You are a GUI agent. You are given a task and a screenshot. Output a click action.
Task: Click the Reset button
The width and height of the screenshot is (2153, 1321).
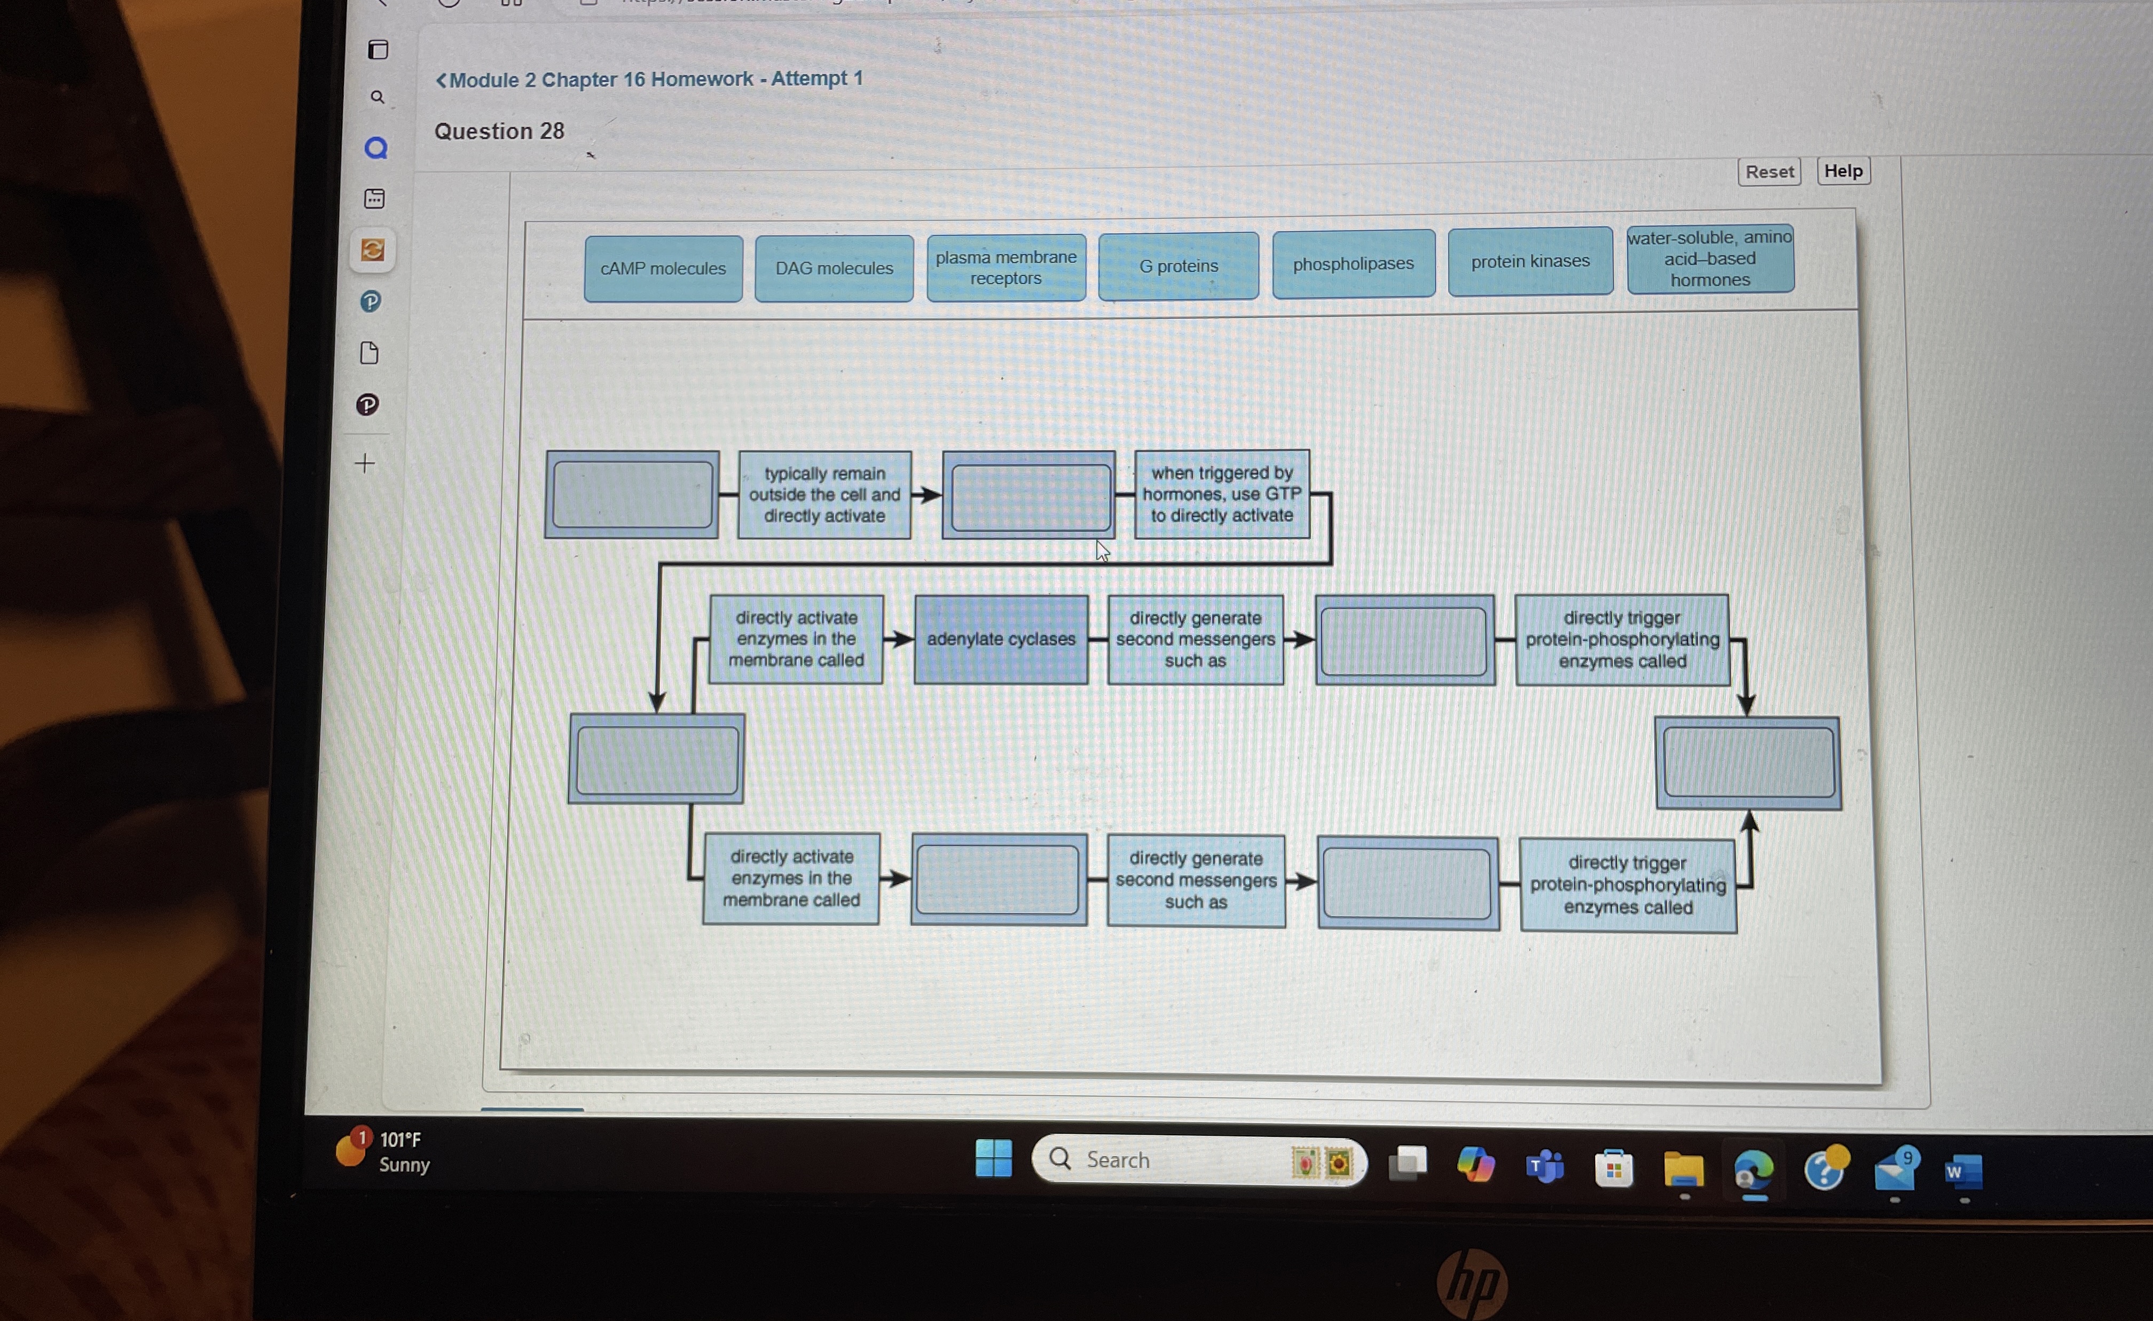1769,172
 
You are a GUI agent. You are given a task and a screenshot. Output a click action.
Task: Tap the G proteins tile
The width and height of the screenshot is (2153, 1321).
1178,265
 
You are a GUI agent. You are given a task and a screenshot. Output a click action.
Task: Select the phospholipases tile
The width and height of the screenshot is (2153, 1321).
1353,264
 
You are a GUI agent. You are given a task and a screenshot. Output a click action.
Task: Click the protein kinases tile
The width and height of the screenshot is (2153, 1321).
1530,261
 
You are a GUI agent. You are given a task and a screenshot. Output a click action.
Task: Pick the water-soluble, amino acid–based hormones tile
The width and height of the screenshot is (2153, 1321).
1710,258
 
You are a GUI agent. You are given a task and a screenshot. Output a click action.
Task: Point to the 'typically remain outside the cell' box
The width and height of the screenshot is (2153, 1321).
824,494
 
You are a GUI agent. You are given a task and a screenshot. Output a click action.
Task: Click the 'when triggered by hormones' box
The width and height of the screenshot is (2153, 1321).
1222,493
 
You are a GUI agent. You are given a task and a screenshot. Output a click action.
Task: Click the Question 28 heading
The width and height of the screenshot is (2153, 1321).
499,131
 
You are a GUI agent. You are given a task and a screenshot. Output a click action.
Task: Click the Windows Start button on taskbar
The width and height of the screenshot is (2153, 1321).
994,1159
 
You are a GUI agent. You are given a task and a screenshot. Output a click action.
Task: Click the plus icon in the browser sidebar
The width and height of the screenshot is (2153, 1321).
365,462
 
